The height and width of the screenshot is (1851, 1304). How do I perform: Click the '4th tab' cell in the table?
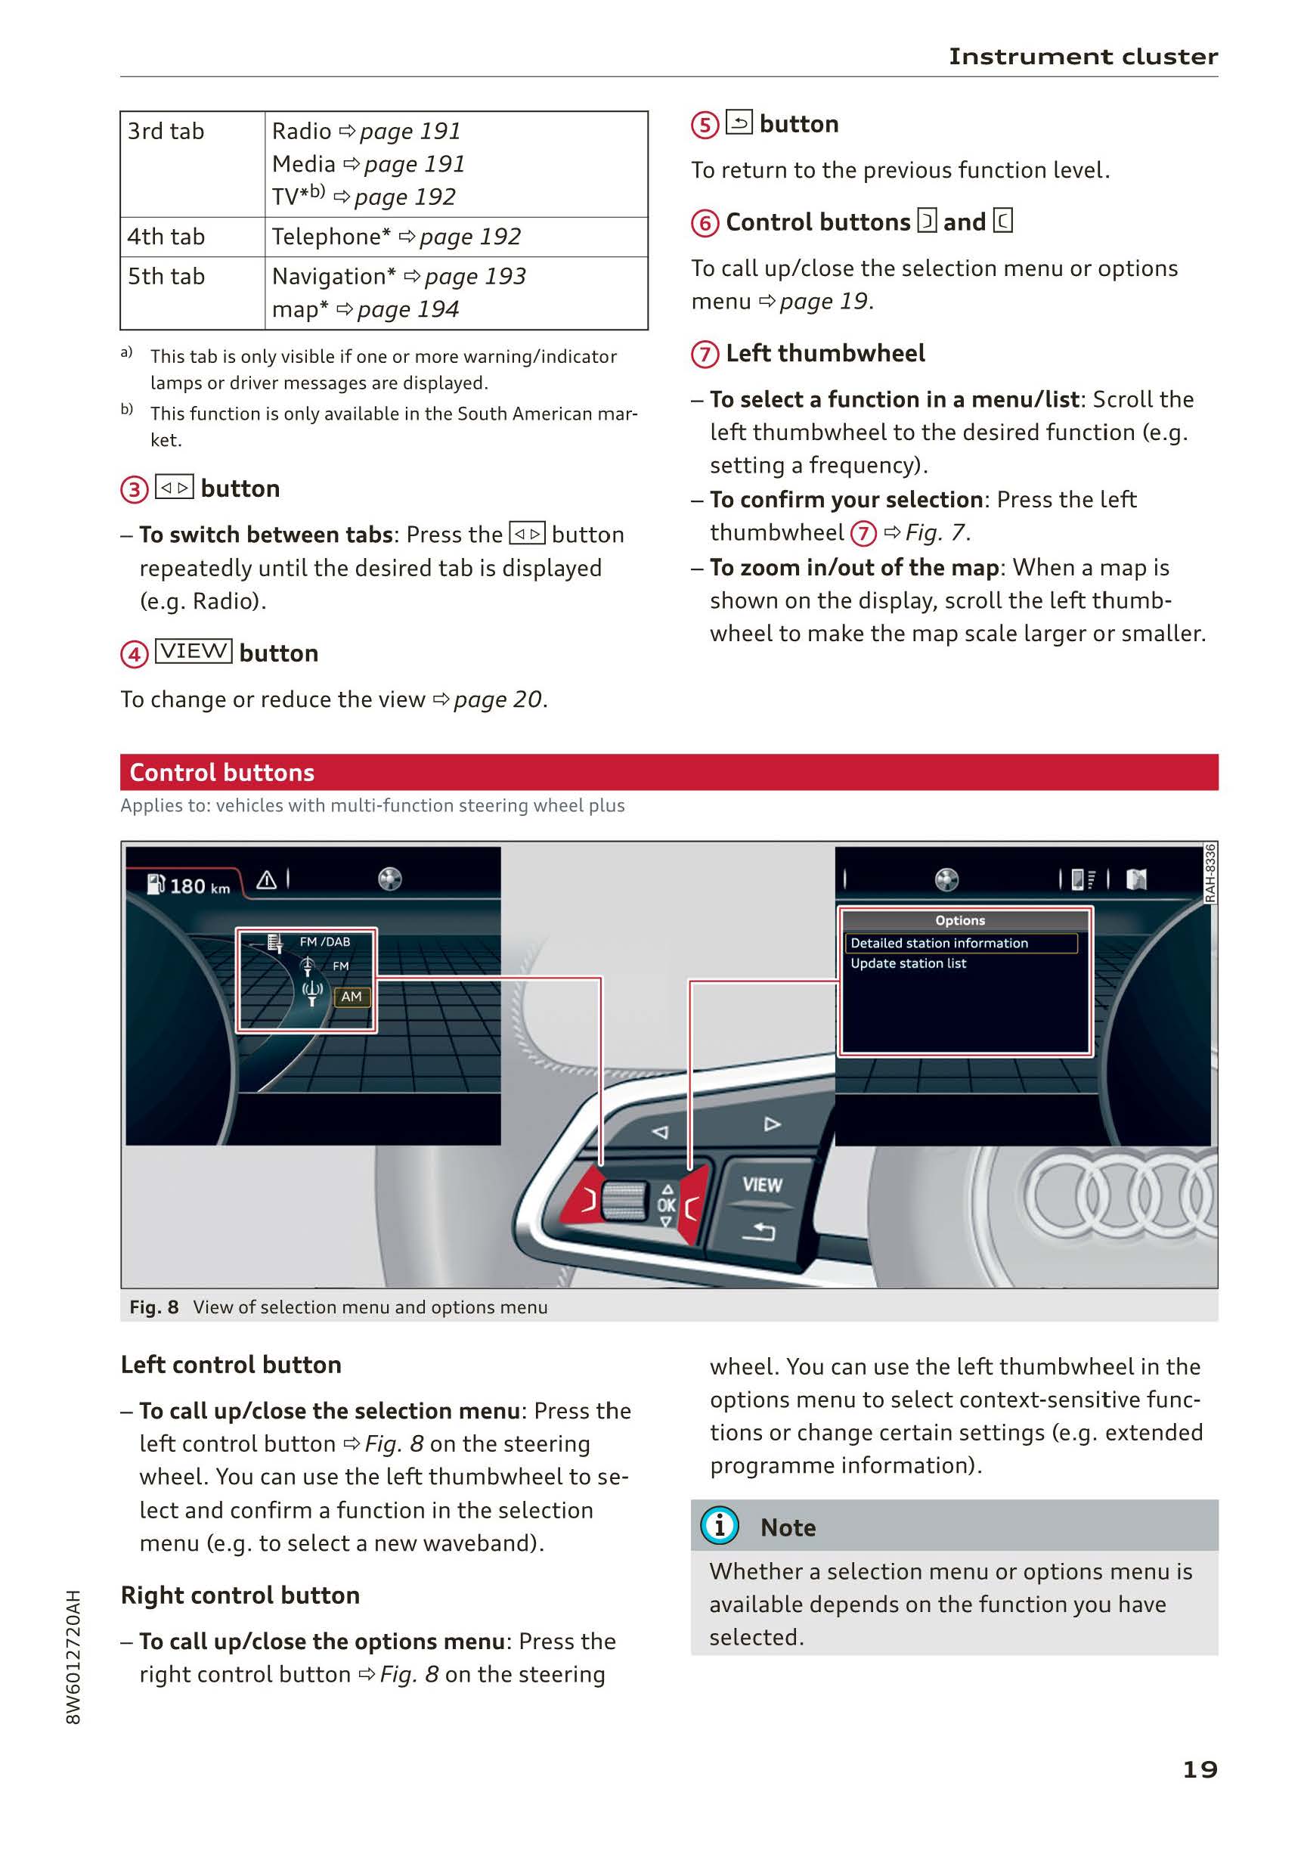tap(166, 236)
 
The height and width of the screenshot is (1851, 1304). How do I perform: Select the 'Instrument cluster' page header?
tap(1083, 57)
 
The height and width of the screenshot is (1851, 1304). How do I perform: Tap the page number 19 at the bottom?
tap(1199, 1769)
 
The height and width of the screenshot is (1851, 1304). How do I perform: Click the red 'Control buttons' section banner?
tap(668, 771)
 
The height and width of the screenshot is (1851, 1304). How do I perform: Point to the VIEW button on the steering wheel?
tap(761, 1184)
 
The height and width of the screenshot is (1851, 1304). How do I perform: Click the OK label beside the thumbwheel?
tap(666, 1205)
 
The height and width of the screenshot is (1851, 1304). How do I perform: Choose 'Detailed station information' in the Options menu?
tap(939, 942)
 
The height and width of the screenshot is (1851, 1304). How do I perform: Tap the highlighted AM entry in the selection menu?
tap(352, 997)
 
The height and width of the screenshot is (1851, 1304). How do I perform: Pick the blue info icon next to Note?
tap(719, 1526)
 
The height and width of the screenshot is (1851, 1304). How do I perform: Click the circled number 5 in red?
tap(705, 125)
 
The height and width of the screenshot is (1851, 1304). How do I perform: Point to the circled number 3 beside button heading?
tap(134, 489)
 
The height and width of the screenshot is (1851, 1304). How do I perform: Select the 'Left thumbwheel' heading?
tap(825, 353)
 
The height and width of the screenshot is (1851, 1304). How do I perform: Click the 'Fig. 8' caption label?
tap(154, 1307)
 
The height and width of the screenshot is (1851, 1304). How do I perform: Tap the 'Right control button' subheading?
tap(240, 1595)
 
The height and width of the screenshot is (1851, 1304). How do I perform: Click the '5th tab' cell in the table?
tap(166, 277)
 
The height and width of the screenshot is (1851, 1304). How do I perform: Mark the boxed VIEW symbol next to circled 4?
tap(194, 650)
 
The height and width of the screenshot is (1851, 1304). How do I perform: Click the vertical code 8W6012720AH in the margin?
tap(73, 1657)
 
